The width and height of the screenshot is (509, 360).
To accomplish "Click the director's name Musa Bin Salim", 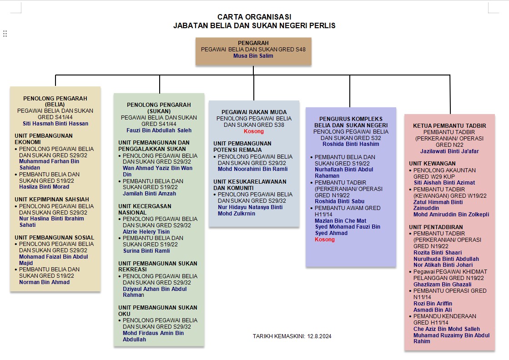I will click(x=253, y=55).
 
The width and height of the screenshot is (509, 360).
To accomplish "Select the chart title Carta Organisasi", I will click(x=254, y=17).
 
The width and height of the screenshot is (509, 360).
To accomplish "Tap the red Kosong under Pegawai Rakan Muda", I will click(x=254, y=131).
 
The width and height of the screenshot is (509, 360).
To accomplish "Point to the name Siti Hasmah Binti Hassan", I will click(x=55, y=123).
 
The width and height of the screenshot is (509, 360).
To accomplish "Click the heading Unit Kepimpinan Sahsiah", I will click(x=52, y=199).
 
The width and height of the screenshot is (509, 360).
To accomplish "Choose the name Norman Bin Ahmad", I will click(x=45, y=282).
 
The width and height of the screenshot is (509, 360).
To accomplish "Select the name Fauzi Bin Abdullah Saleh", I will click(x=159, y=130).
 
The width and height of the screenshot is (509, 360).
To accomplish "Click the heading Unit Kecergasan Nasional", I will click(x=145, y=209).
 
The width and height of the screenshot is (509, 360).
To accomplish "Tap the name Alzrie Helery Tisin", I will click(x=146, y=231).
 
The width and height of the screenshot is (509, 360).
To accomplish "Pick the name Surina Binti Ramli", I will click(x=146, y=250).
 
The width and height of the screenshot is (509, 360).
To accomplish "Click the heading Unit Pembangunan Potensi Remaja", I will click(x=242, y=146).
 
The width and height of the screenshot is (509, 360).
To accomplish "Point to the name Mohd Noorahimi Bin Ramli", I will click(x=253, y=169).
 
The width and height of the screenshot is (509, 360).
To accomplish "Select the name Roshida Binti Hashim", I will click(x=351, y=144).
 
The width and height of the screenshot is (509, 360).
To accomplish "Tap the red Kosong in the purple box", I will click(x=325, y=240).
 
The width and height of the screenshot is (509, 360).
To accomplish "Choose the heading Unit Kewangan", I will click(x=432, y=163).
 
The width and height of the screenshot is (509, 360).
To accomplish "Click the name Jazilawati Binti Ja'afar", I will click(x=449, y=151).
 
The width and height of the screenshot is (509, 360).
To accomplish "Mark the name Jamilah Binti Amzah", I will click(x=150, y=194).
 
